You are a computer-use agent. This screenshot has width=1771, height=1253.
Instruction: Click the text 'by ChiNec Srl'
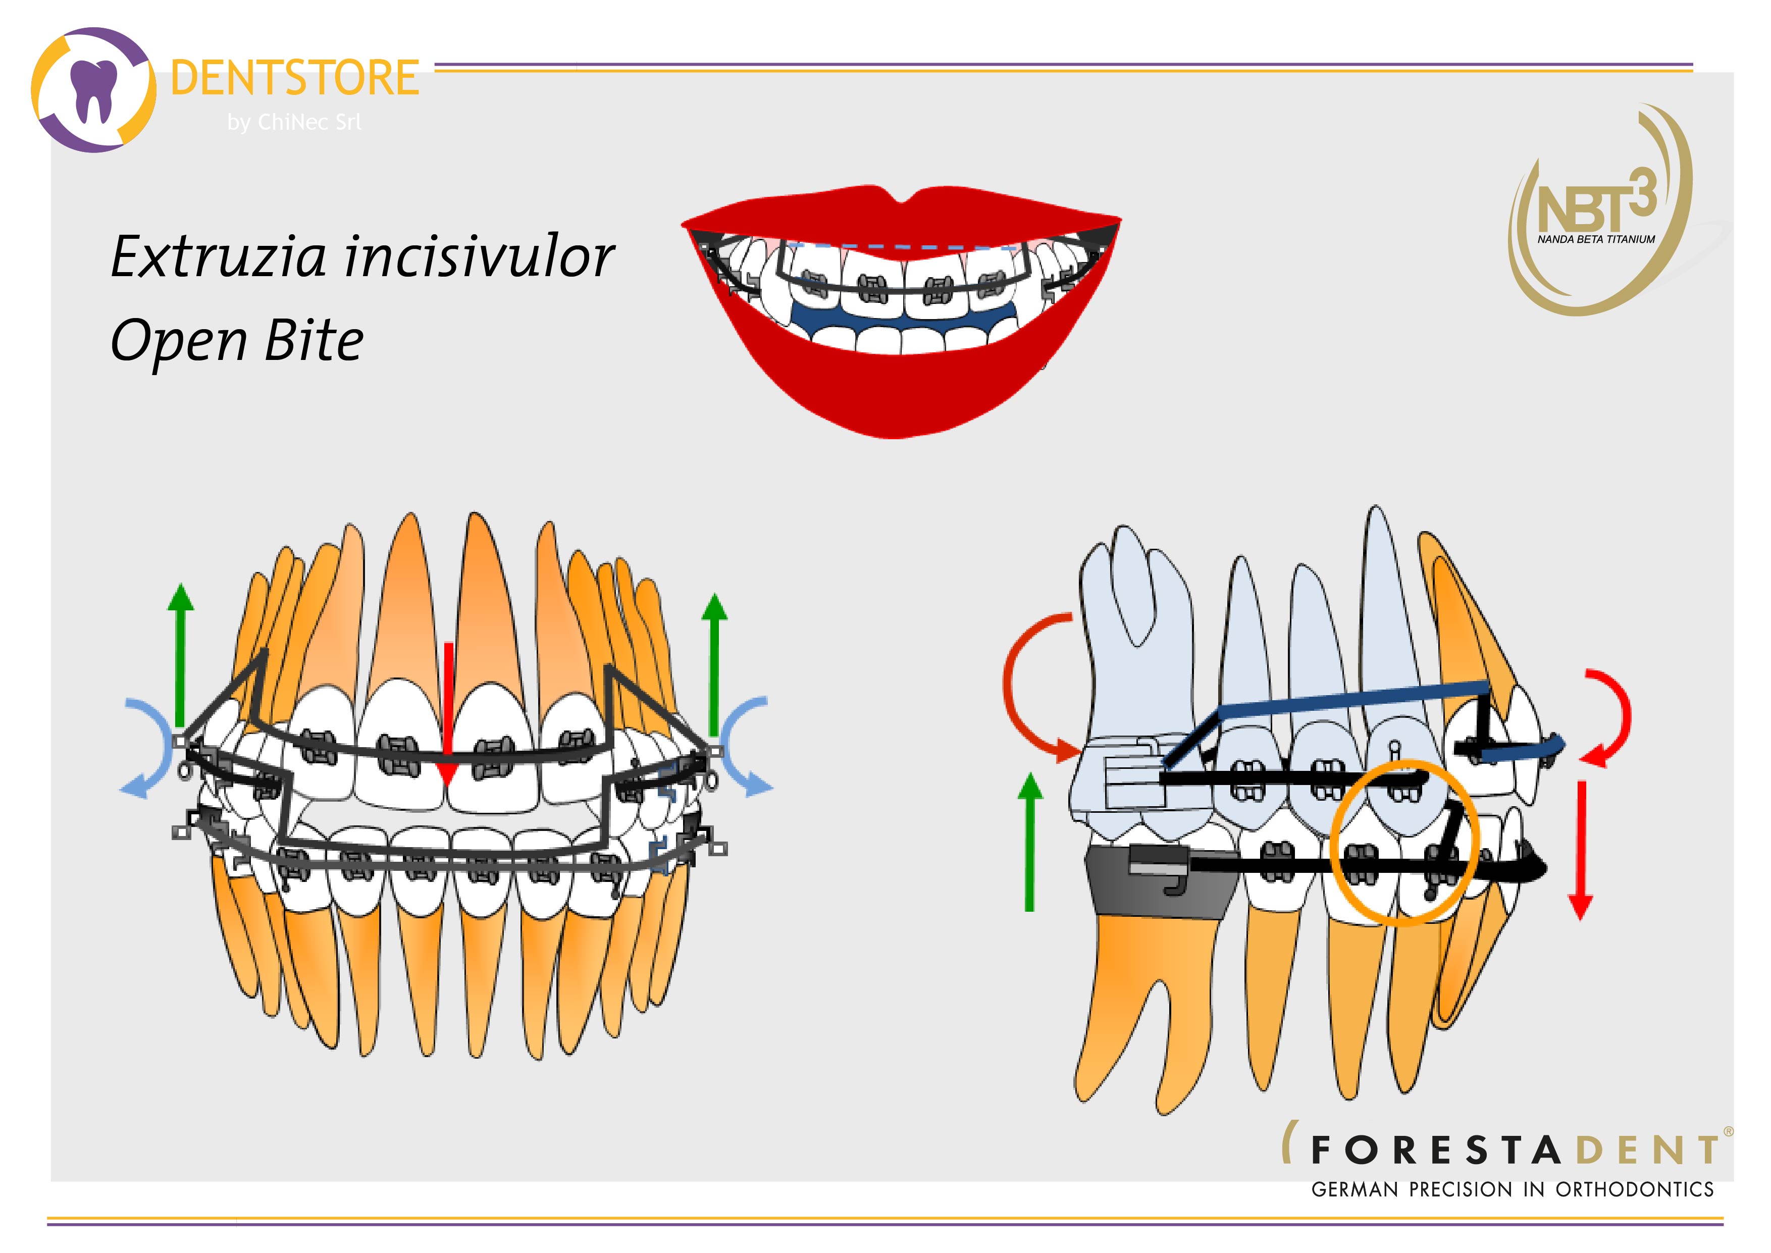click(294, 122)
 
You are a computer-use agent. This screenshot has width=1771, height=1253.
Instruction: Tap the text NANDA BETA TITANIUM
click(1596, 239)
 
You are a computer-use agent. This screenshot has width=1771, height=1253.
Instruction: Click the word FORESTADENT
click(1515, 1151)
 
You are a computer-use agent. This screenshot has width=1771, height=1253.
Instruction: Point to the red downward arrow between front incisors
click(447, 714)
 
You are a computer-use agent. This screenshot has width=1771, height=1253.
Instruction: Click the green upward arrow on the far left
click(181, 655)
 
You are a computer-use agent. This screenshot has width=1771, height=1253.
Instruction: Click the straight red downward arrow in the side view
click(1581, 850)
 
